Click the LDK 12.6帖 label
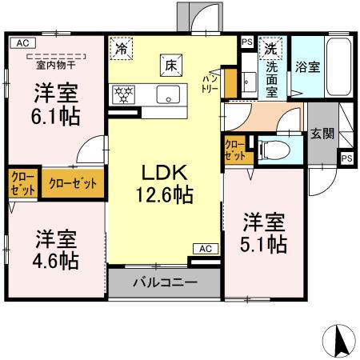click(x=165, y=182)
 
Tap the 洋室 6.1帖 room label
click(x=55, y=104)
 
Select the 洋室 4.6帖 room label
click(x=55, y=249)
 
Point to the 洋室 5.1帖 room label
click(x=265, y=233)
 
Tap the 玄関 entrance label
click(x=322, y=134)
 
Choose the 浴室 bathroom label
click(x=308, y=67)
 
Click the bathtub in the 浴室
click(x=338, y=69)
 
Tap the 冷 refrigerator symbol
click(x=122, y=49)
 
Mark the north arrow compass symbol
click(x=339, y=342)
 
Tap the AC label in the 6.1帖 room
click(x=22, y=42)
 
